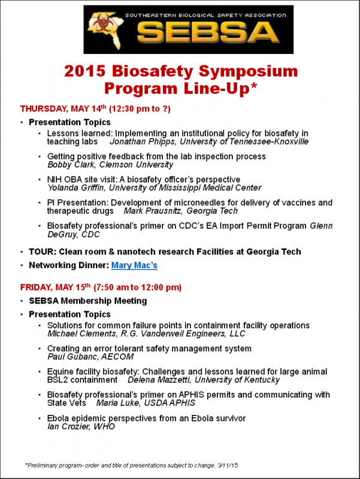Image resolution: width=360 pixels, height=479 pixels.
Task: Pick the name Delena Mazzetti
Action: pos(158,380)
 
